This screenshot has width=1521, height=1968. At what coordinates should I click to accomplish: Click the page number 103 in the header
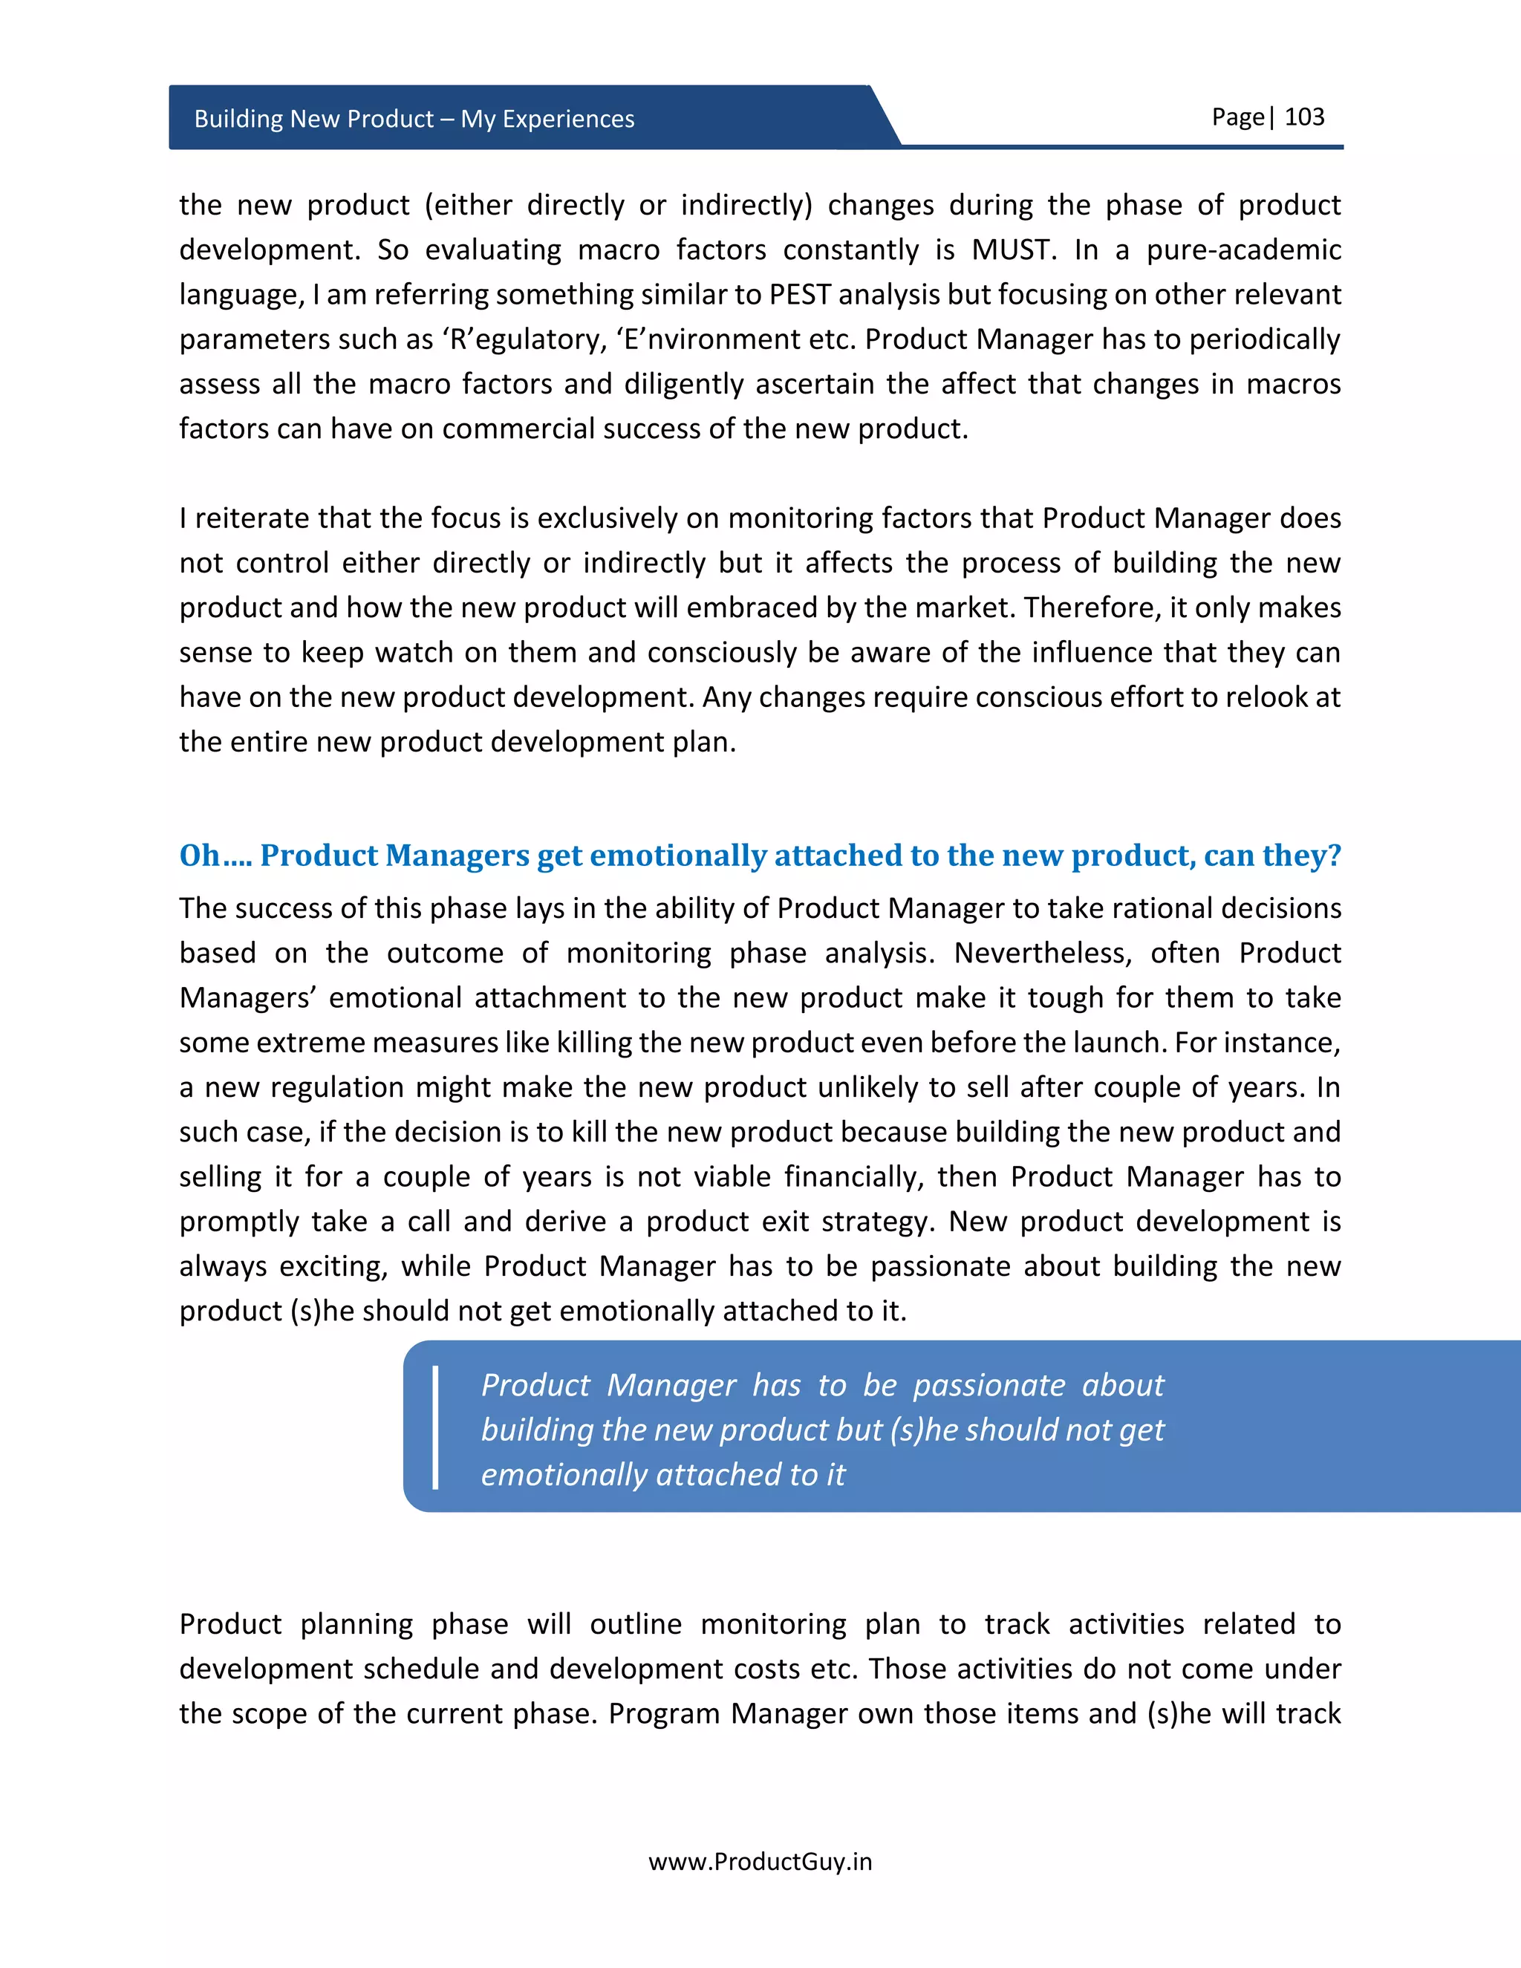1304,117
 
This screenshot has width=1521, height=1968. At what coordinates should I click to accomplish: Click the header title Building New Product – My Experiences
414,119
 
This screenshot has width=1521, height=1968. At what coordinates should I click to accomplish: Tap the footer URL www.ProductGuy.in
760,1862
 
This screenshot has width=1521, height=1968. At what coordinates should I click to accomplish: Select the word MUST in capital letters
1013,250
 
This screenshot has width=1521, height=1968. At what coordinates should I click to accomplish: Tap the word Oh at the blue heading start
199,855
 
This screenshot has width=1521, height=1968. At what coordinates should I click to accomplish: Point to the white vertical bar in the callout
436,1427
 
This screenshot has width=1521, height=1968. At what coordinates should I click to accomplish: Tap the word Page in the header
1237,117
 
